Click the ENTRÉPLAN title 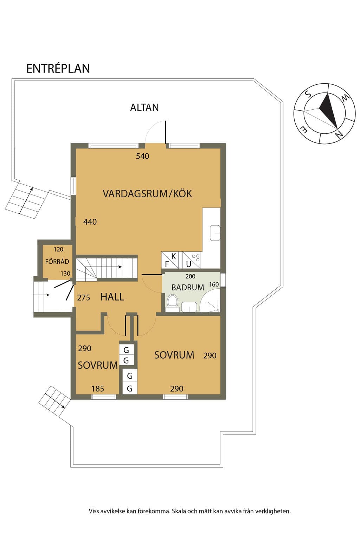[x=58, y=69]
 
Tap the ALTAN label [x=144, y=108]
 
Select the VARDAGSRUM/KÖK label [x=147, y=194]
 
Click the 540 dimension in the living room [x=142, y=156]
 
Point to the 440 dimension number [x=90, y=222]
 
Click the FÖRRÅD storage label [x=57, y=261]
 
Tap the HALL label [x=112, y=297]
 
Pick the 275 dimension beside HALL [x=83, y=298]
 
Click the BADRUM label [x=188, y=287]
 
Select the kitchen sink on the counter [x=215, y=233]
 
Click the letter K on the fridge [x=174, y=256]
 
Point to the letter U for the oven [x=188, y=264]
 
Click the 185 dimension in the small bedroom [x=98, y=389]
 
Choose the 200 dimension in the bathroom [x=190, y=276]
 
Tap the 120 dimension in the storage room [x=58, y=250]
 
